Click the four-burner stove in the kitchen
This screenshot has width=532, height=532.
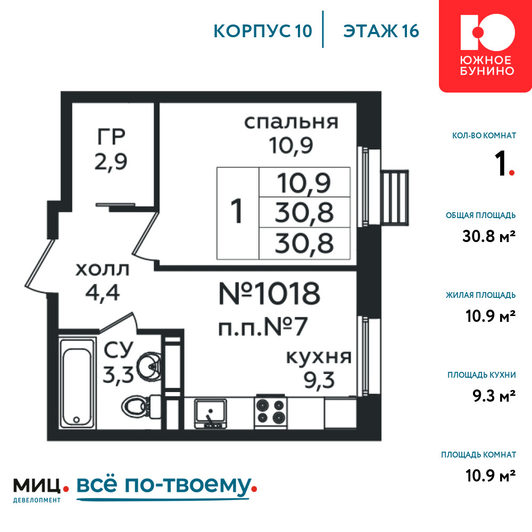[x=270, y=412]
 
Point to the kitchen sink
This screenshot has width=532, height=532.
[x=210, y=413]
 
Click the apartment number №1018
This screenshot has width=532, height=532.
[x=269, y=294]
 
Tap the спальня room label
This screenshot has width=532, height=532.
[x=291, y=122]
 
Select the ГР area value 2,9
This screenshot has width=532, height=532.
[x=111, y=162]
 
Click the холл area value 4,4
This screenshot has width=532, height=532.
[x=103, y=293]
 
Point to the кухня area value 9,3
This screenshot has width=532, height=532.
[x=319, y=380]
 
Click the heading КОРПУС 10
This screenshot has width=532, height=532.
[x=263, y=31]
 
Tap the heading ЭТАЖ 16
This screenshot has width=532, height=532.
[x=381, y=31]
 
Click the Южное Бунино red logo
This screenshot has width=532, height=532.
[x=485, y=46]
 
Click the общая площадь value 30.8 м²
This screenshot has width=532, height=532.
[x=489, y=236]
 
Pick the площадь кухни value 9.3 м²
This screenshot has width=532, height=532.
[x=494, y=396]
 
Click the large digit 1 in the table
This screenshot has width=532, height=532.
[x=237, y=211]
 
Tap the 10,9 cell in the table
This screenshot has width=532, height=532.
[x=304, y=183]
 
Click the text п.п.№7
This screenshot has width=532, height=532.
[x=263, y=327]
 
